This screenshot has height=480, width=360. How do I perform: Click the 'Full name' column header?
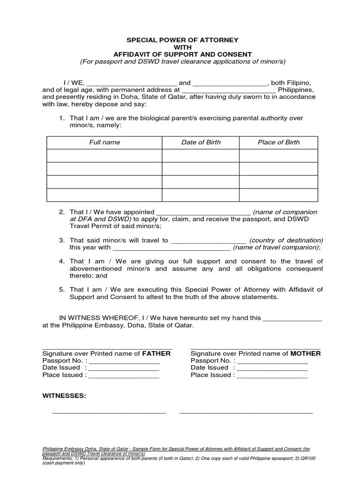(105, 142)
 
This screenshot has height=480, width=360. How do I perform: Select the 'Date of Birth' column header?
(201, 142)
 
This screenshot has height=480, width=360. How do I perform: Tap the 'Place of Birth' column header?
(278, 142)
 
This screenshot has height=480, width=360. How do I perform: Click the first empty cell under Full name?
(105, 156)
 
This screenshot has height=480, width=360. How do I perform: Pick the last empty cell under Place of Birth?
(278, 195)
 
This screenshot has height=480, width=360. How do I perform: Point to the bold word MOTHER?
(305, 353)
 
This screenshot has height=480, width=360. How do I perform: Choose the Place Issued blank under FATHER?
(124, 376)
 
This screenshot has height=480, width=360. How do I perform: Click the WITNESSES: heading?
(64, 396)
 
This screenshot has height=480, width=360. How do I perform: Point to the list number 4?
(61, 261)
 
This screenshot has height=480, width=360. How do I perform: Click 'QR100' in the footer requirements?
(309, 458)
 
